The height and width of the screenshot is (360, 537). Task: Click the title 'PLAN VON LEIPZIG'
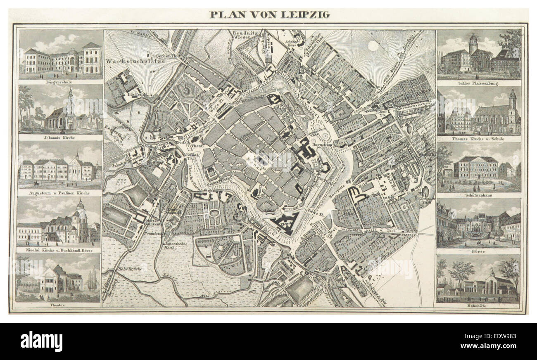click(x=269, y=15)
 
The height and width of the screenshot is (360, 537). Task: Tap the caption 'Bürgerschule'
click(x=60, y=82)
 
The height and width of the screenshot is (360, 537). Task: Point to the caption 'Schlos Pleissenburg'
click(x=478, y=83)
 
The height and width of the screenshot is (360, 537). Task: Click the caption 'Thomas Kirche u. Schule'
click(x=479, y=139)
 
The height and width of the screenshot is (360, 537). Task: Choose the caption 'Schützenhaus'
click(x=478, y=195)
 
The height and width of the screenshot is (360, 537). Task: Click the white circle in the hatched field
click(x=373, y=46)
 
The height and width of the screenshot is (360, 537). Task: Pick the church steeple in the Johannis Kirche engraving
click(x=70, y=99)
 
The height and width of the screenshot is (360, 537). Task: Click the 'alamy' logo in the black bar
click(x=41, y=341)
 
